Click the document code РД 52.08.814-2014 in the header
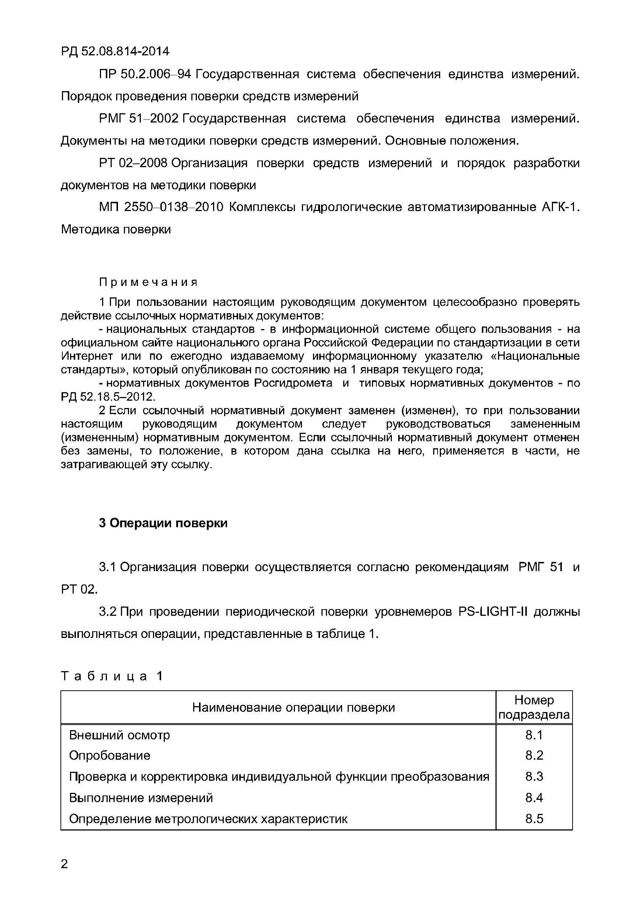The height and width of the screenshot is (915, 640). coord(115,51)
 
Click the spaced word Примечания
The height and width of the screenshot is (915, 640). coord(148,283)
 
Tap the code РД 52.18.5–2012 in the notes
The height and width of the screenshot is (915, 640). coord(107,397)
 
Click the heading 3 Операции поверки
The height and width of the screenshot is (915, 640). coord(163,523)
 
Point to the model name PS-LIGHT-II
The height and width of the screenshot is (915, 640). coord(493,611)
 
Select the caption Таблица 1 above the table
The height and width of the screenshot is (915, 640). coord(112,676)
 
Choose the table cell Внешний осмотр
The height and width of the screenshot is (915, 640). coord(119,735)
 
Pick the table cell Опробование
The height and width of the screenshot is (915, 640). coord(110,755)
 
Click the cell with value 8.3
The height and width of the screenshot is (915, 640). coord(534,776)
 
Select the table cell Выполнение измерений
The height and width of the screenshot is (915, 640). coord(141,797)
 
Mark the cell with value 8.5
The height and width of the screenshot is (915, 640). coord(534,819)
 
